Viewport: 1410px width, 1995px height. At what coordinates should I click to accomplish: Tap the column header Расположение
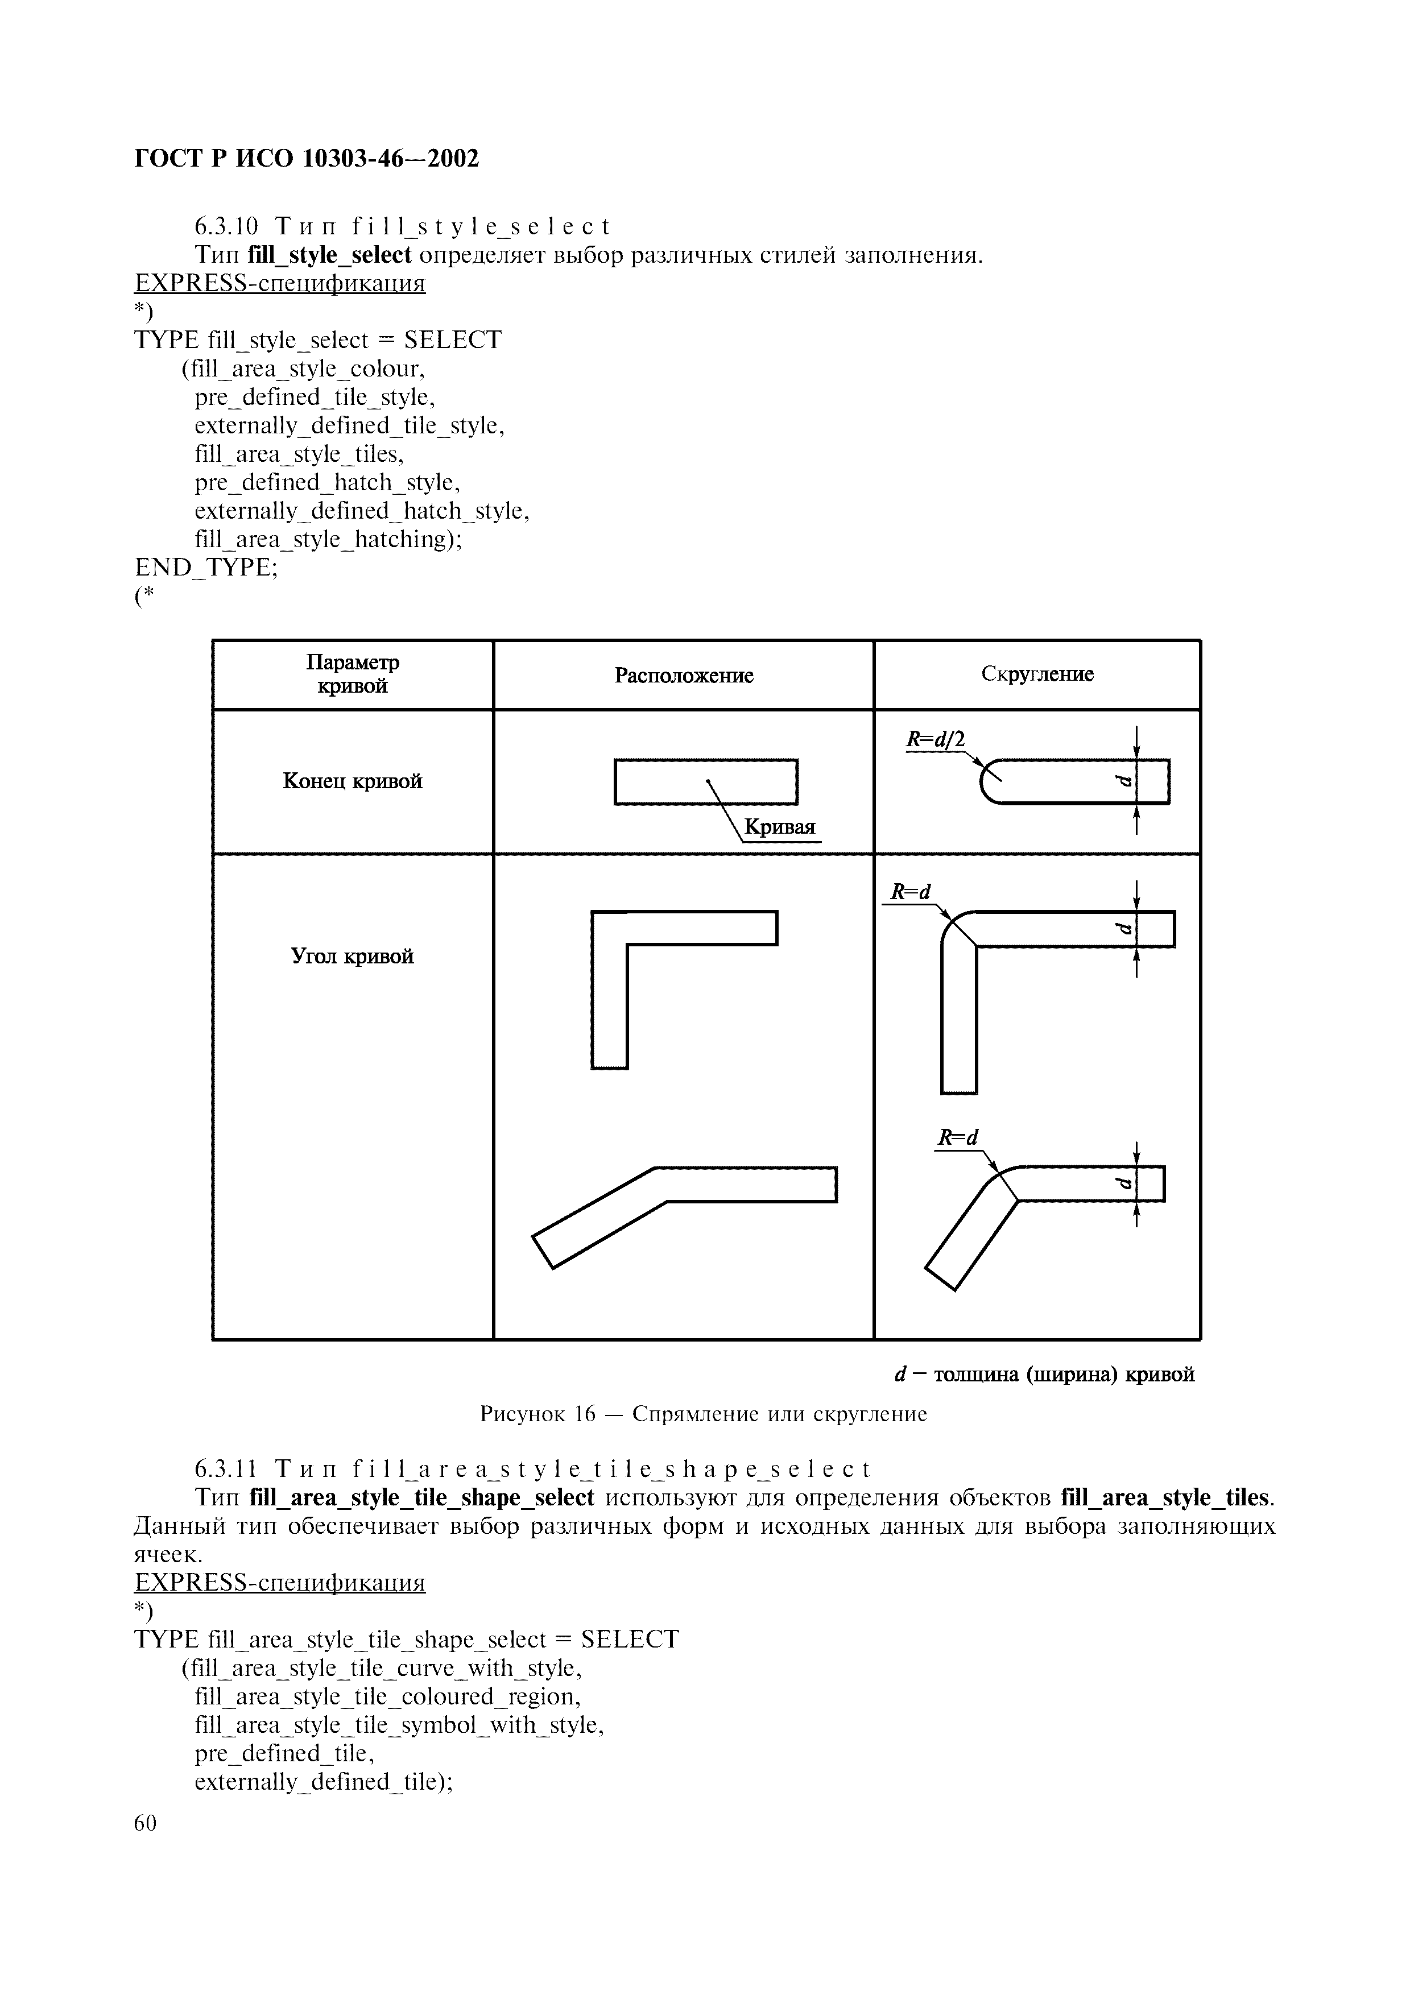pos(684,675)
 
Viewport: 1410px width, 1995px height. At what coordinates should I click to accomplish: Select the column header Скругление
pos(1037,673)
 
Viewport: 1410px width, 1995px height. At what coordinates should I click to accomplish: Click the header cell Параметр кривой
pos(353,674)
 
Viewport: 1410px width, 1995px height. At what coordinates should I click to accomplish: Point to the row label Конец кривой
pos(353,781)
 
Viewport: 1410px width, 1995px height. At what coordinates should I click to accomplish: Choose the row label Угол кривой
pos(353,957)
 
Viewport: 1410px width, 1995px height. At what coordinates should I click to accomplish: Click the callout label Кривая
pos(780,827)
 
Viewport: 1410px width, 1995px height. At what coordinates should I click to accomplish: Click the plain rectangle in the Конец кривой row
pos(705,781)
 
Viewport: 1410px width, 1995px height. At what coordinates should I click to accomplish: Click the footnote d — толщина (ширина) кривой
pos(1044,1375)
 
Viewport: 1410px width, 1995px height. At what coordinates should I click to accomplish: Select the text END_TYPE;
pos(207,568)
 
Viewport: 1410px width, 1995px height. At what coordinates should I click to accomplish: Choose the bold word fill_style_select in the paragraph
pos(329,255)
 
